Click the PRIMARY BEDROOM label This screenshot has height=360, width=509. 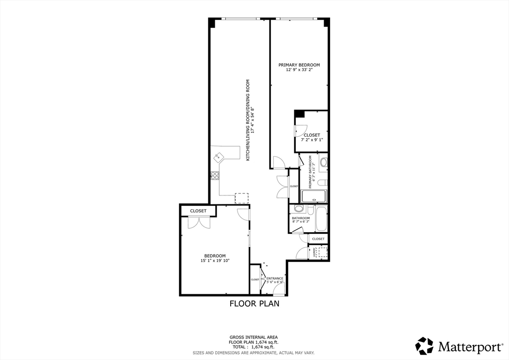pyautogui.click(x=299, y=65)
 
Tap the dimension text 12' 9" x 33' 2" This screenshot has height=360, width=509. pyautogui.click(x=299, y=70)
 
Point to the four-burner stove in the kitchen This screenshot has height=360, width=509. pyautogui.click(x=215, y=175)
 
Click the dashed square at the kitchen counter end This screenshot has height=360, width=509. pyautogui.click(x=242, y=198)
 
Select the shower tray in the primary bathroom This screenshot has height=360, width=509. pyautogui.click(x=314, y=196)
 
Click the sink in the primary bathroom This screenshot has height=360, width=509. pyautogui.click(x=324, y=162)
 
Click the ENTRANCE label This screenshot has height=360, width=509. pyautogui.click(x=275, y=278)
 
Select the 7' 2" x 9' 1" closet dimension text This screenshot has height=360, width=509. pyautogui.click(x=312, y=140)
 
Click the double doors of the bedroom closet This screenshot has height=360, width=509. pyautogui.click(x=199, y=223)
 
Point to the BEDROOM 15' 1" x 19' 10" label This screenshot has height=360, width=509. pyautogui.click(x=215, y=258)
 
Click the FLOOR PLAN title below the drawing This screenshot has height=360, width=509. pyautogui.click(x=254, y=303)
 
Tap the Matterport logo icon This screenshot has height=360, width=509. pyautogui.click(x=424, y=346)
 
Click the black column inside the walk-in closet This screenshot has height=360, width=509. pyautogui.click(x=299, y=114)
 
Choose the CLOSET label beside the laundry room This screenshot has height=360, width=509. pyautogui.click(x=318, y=239)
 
